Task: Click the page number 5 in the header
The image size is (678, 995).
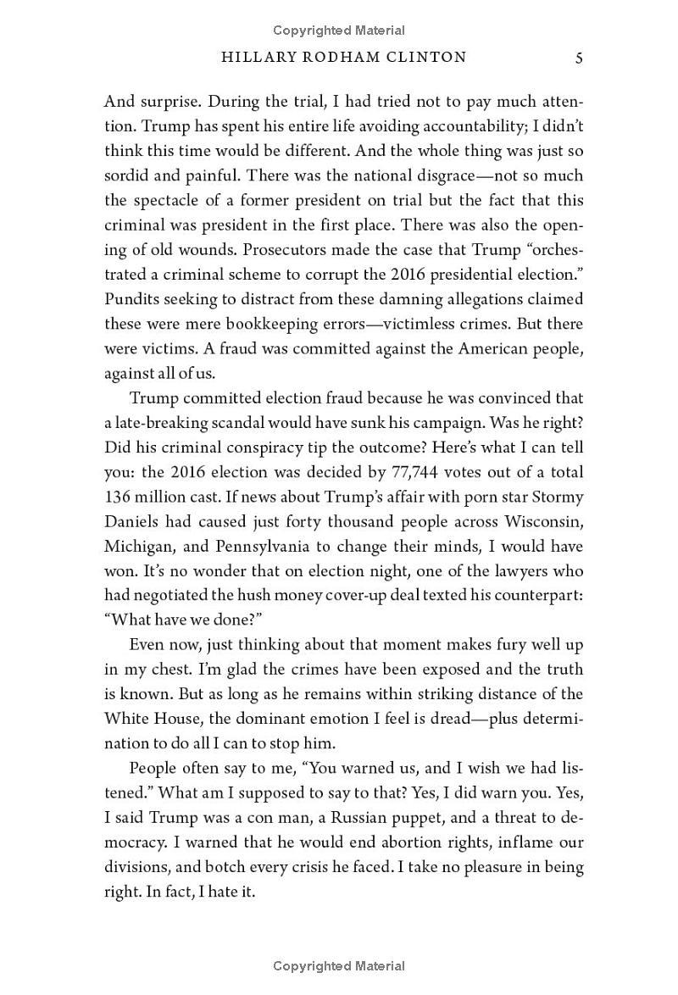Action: tap(578, 58)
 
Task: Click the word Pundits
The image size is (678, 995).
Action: tap(131, 300)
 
